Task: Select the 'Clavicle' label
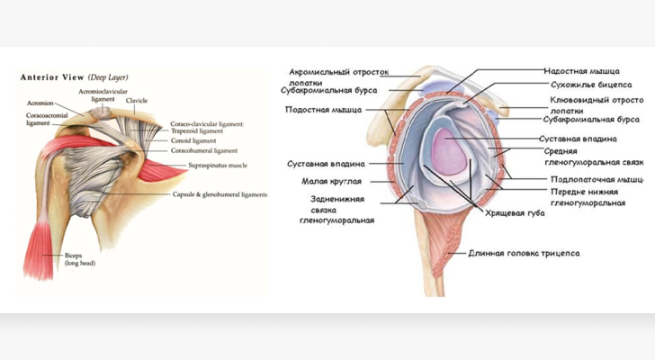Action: (x=137, y=101)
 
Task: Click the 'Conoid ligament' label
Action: (x=193, y=140)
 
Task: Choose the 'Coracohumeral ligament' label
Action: (x=203, y=150)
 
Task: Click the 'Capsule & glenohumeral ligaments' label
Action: (x=220, y=194)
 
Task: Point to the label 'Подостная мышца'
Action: (x=324, y=110)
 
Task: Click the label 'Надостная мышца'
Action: (x=580, y=69)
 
